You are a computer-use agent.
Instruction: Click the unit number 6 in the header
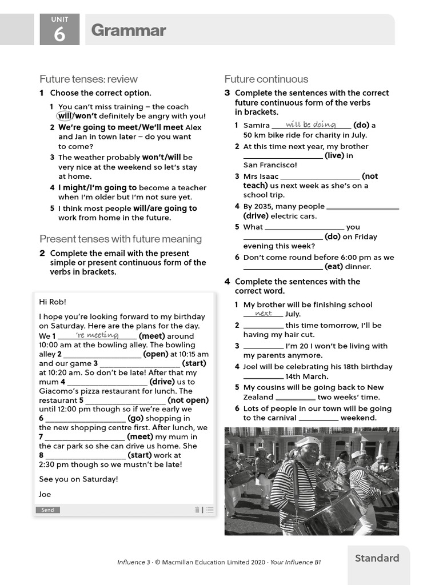pos(59,35)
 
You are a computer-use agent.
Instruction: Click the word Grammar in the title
pos(129,30)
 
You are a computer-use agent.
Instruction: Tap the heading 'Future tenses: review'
pos(89,79)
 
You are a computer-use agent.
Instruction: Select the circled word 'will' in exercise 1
pos(65,116)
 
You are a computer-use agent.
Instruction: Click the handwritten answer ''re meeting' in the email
pos(97,335)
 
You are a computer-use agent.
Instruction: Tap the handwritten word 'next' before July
pos(264,314)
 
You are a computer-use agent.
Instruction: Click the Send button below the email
pos(47,510)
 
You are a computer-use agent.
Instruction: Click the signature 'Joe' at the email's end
pos(45,494)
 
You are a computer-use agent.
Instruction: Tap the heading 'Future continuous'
pos(266,79)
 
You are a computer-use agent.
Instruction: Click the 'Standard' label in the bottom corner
pos(377,558)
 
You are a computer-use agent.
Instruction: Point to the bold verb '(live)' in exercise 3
pos(335,155)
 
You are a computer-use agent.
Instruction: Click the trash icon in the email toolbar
pos(197,510)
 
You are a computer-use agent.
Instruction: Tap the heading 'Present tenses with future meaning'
pos(121,239)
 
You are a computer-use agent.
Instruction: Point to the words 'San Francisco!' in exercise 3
pos(270,165)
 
